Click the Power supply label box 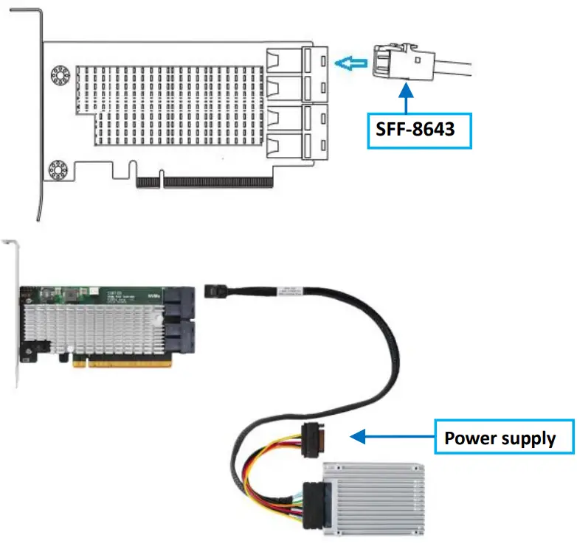click(500, 438)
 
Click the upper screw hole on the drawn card click(58, 76)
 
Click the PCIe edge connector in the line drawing click(218, 181)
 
